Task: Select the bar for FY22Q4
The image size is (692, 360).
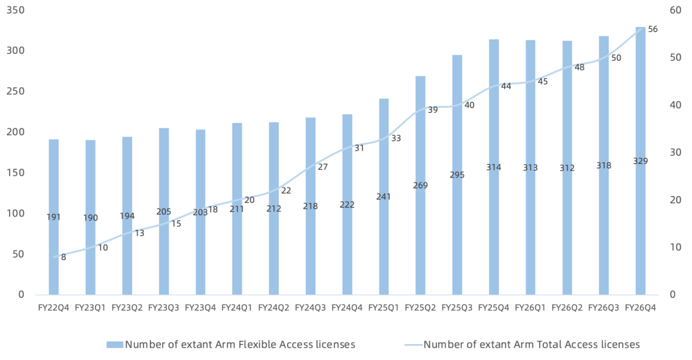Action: (53, 217)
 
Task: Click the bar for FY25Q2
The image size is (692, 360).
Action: (420, 185)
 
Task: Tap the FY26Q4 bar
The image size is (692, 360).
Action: (640, 161)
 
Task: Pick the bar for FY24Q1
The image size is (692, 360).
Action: (237, 209)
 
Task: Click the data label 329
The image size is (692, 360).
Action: (640, 161)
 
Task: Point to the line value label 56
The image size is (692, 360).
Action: (653, 29)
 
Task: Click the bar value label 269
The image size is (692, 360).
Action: (420, 185)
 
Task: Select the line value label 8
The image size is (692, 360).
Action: (63, 258)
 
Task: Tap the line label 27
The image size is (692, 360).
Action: (322, 167)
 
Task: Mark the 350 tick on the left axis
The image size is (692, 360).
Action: (15, 10)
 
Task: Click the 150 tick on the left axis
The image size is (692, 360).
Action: (15, 172)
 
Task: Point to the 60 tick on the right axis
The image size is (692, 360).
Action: (675, 10)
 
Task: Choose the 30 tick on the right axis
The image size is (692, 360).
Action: (675, 152)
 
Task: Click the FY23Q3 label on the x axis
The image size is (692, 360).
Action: (164, 308)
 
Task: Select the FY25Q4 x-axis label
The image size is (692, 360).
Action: (494, 308)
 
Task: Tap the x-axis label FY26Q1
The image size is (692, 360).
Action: (531, 308)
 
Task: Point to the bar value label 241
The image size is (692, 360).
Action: (384, 197)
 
